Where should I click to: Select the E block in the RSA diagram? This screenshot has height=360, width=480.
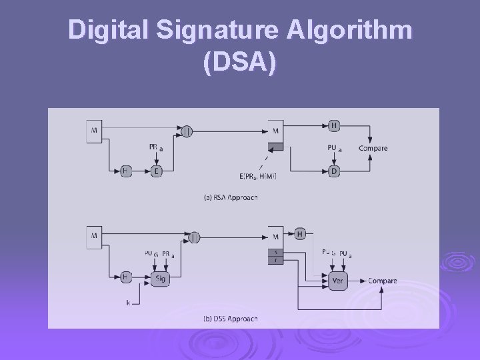click(157, 171)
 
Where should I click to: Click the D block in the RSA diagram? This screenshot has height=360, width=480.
click(333, 171)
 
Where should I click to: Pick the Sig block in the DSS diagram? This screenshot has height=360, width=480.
click(159, 279)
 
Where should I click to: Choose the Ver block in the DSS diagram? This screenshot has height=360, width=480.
click(337, 281)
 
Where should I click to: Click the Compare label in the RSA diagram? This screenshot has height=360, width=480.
click(373, 148)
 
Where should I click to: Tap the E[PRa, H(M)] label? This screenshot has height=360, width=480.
click(257, 176)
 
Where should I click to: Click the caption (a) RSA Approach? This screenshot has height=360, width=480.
click(231, 197)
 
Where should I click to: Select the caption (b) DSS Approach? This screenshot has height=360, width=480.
click(230, 319)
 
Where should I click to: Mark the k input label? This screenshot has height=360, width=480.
click(128, 303)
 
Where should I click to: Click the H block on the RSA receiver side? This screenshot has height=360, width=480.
click(333, 125)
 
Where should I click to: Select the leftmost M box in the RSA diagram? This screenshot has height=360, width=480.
click(93, 131)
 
